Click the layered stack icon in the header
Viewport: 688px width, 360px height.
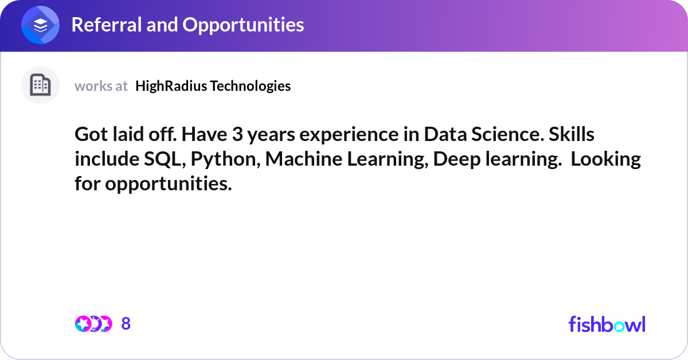pyautogui.click(x=40, y=25)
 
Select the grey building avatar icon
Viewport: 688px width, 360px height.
pyautogui.click(x=40, y=85)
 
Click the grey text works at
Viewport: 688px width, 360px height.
pyautogui.click(x=101, y=86)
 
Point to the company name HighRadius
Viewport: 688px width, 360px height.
pyautogui.click(x=171, y=86)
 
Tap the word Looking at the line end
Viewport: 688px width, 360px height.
pyautogui.click(x=605, y=159)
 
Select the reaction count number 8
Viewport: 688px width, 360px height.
pyautogui.click(x=126, y=324)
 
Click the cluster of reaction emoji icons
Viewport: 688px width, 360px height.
pyautogui.click(x=93, y=324)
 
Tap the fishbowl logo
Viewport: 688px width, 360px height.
pyautogui.click(x=607, y=324)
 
